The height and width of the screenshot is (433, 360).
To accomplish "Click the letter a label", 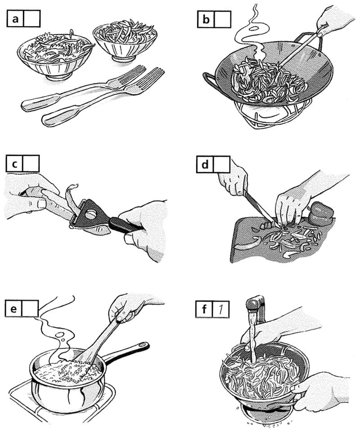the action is pyautogui.click(x=15, y=18).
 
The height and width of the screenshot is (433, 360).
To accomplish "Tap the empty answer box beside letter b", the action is pyautogui.click(x=222, y=19).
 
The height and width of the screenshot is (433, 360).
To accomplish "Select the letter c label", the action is pyautogui.click(x=14, y=163).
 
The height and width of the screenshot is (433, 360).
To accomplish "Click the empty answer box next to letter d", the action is pyautogui.click(x=221, y=165).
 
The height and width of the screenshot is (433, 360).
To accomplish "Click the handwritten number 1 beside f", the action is pyautogui.click(x=220, y=309).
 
